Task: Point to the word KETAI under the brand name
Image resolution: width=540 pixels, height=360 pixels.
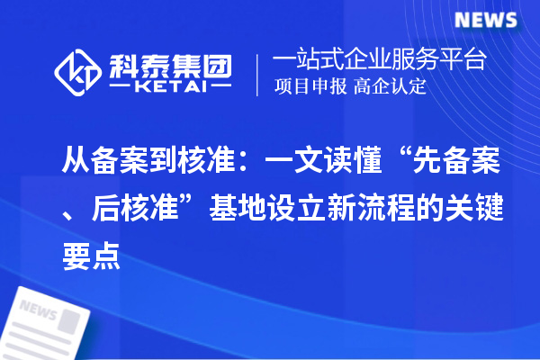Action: pos(171,89)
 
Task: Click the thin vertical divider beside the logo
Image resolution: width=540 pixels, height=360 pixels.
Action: pos(258,75)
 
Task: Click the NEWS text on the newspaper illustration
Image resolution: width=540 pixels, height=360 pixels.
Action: pos(38,310)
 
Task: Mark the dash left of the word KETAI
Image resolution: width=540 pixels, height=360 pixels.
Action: pos(124,89)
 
